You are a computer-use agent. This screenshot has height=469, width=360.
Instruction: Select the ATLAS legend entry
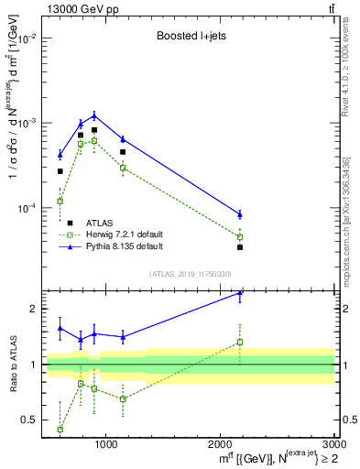tap(100, 223)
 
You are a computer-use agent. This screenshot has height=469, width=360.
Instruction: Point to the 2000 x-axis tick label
tap(220, 446)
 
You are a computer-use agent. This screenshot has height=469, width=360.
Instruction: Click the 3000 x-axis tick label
tap(334, 446)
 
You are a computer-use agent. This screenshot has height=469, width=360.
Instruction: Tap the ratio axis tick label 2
tap(34, 310)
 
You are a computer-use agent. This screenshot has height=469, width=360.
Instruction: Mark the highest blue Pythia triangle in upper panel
tap(94, 115)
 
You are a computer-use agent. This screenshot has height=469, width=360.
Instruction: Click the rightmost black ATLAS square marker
tap(240, 247)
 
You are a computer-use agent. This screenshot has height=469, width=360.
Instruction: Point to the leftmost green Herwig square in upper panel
tap(60, 201)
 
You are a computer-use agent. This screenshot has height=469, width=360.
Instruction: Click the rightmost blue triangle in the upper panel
tap(240, 214)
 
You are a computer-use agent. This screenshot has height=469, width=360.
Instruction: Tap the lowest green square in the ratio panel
tap(60, 429)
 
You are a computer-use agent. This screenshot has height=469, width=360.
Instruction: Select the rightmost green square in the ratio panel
tap(240, 343)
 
